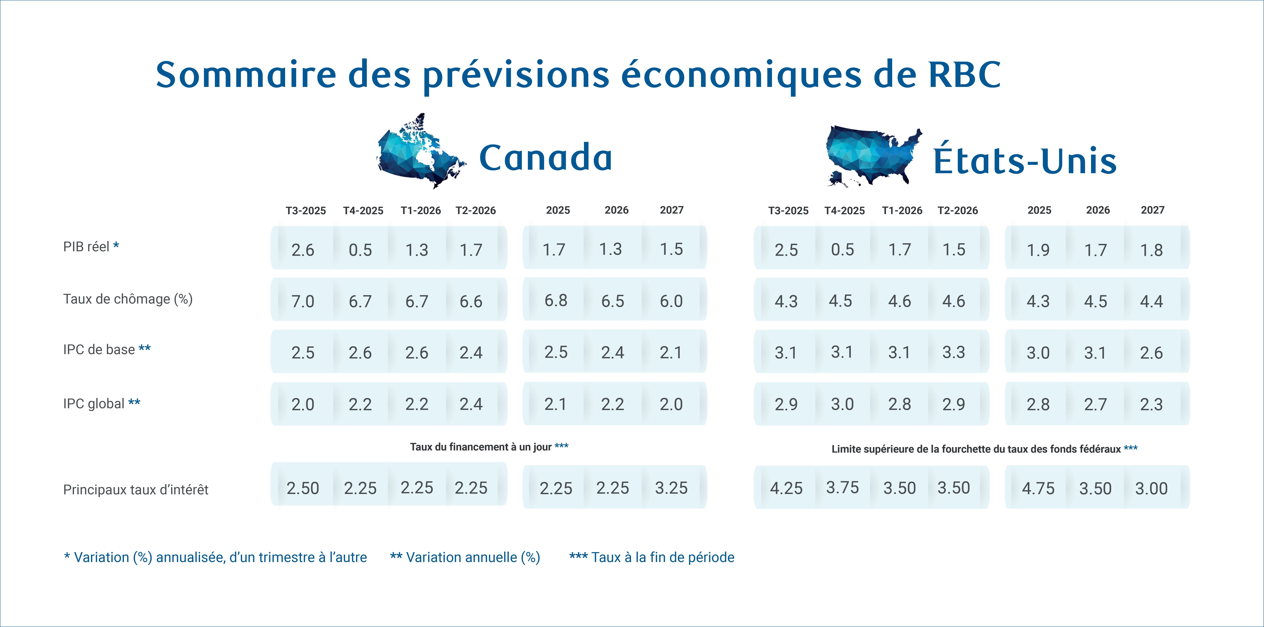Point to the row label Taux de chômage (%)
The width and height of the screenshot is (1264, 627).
pos(128,299)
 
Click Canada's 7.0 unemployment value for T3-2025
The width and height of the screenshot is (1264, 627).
pos(303,301)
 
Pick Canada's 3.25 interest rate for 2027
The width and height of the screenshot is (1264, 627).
pos(671,488)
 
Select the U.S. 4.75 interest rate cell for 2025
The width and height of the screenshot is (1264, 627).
pos(1038,488)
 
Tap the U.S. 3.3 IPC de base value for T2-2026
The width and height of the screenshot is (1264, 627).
pos(953,352)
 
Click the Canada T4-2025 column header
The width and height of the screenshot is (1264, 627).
pos(363,211)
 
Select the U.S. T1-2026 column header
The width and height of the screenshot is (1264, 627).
pos(902,211)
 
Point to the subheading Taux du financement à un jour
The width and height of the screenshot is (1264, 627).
pos(481,447)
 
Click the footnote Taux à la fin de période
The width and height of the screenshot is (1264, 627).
pos(662,557)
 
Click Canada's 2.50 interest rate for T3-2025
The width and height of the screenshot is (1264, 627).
pos(303,488)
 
